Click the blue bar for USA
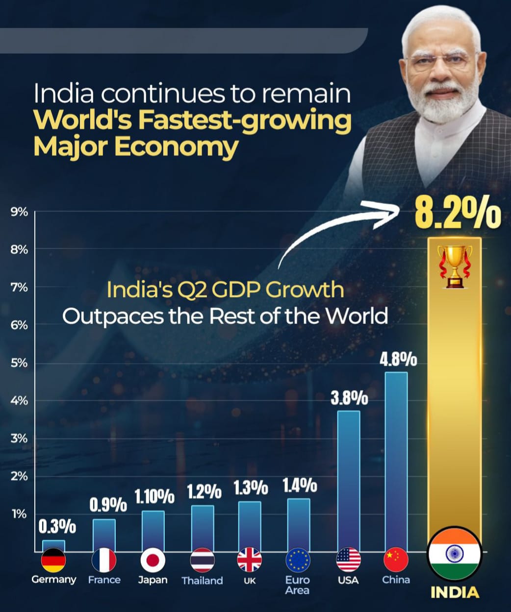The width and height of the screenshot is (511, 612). [349, 480]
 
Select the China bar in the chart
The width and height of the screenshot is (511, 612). [396, 461]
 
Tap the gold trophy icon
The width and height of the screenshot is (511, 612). [455, 266]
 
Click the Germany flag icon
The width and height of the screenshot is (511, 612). [53, 560]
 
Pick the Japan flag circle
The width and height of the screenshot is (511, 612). [153, 560]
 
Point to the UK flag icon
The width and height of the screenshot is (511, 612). [250, 560]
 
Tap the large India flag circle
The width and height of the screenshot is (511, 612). [454, 554]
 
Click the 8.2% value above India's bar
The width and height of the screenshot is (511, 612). [458, 214]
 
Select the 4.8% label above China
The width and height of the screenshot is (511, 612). [398, 360]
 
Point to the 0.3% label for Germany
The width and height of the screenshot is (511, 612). [57, 527]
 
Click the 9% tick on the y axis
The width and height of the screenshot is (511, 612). [19, 212]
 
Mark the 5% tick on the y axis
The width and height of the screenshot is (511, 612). [19, 363]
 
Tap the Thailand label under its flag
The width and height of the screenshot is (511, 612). [202, 581]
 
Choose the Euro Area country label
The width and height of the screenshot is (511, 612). [297, 585]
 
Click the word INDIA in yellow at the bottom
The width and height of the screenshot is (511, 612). [455, 592]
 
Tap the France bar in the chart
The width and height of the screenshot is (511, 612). [104, 535]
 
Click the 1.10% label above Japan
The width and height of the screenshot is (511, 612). [154, 497]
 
